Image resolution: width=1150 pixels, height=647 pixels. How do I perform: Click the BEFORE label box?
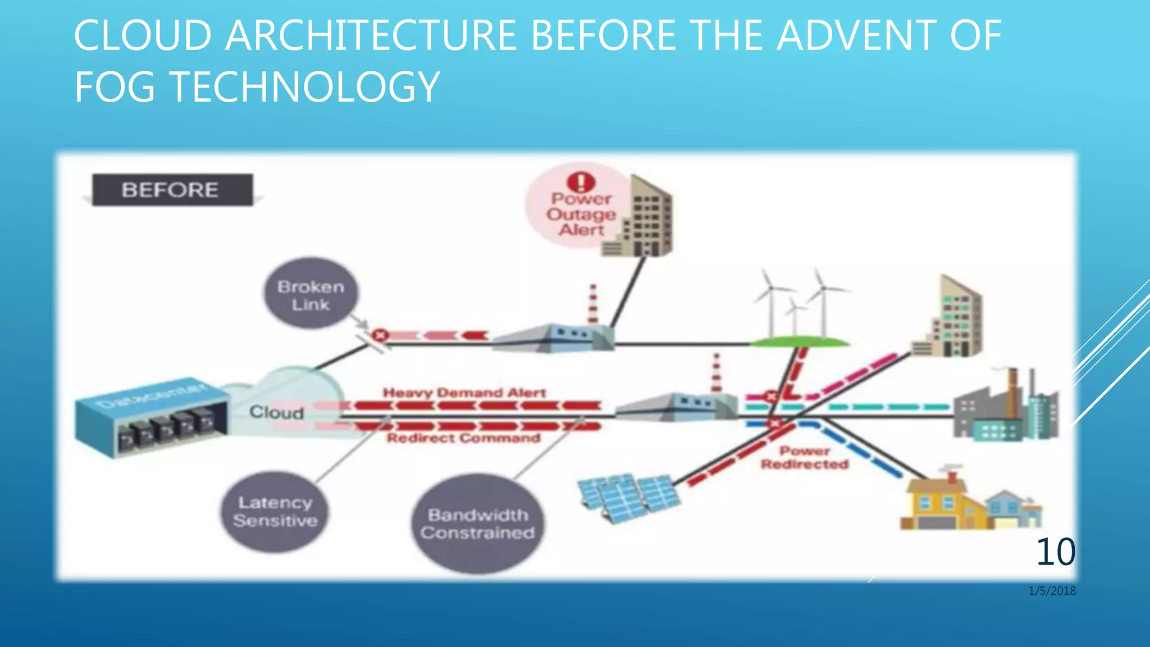click(x=172, y=190)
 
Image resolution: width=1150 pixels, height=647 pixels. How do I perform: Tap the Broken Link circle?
click(x=311, y=294)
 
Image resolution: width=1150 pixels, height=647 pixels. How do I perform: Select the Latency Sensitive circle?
click(x=275, y=512)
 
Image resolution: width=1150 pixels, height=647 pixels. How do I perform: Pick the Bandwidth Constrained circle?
click(x=477, y=523)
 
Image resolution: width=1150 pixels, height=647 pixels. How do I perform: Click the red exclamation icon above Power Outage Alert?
click(x=581, y=181)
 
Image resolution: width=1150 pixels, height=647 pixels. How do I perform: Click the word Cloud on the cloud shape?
click(x=276, y=412)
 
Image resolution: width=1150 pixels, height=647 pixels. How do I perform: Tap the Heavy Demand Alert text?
click(x=464, y=392)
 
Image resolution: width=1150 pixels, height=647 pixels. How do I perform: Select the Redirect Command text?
click(x=463, y=438)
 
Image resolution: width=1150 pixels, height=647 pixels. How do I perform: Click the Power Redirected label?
click(x=804, y=458)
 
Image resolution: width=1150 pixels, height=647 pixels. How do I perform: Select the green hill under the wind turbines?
click(x=800, y=341)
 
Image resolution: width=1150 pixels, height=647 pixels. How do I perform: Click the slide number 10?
click(x=1055, y=552)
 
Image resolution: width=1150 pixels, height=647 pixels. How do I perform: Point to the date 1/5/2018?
click(x=1052, y=591)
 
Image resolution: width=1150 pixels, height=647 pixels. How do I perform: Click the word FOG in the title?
click(x=115, y=86)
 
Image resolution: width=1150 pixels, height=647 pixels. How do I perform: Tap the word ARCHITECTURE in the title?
click(x=370, y=35)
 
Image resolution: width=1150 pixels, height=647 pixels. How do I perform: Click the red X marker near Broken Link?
click(x=380, y=335)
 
